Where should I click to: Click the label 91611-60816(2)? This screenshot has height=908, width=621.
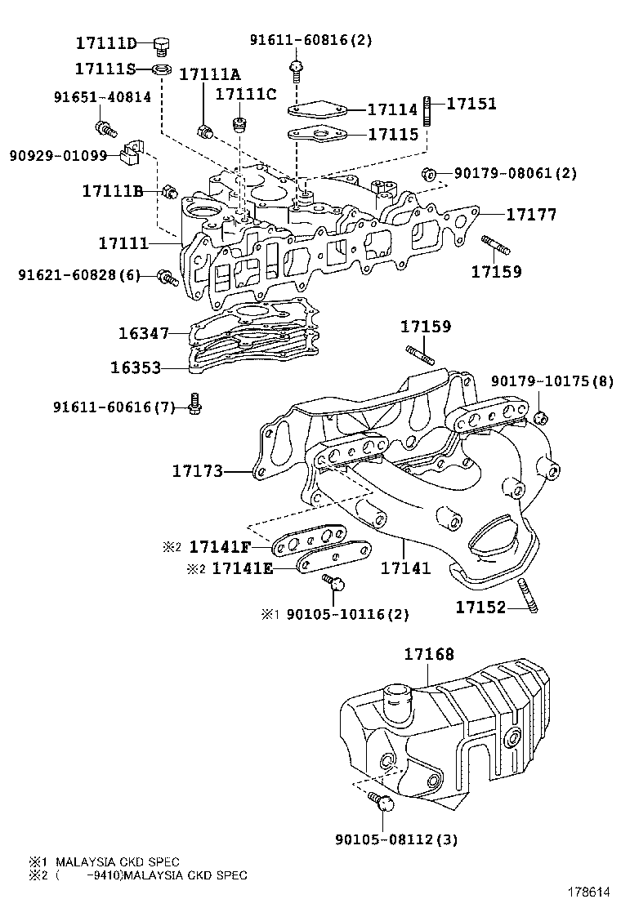(310, 39)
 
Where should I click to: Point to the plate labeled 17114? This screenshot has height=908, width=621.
(319, 109)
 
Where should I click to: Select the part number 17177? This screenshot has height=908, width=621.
(530, 215)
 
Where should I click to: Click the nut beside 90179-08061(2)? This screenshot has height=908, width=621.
(427, 173)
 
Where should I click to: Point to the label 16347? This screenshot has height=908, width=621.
(143, 333)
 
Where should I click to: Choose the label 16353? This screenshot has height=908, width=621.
(136, 367)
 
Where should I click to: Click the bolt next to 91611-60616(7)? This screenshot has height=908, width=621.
(194, 403)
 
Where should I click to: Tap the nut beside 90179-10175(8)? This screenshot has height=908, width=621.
(539, 418)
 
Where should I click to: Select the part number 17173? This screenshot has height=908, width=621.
(198, 471)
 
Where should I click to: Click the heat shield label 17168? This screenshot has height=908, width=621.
(429, 654)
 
